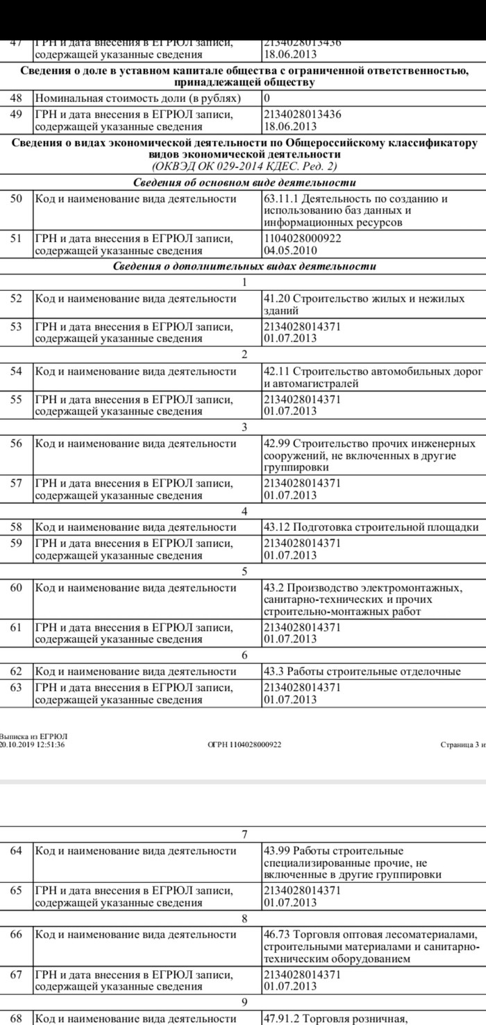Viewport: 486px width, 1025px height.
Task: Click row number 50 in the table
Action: (x=17, y=199)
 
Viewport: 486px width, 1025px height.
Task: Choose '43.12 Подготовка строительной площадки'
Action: (x=371, y=527)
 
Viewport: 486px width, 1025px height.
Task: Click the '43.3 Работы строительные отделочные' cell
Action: (x=362, y=671)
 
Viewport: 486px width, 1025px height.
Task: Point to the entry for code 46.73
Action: (x=371, y=947)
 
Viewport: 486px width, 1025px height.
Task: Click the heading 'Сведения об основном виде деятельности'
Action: (x=244, y=183)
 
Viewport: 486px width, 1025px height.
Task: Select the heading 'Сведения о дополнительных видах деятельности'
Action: (x=244, y=266)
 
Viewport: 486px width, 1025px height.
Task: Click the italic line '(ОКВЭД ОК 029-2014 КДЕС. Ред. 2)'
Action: (x=244, y=167)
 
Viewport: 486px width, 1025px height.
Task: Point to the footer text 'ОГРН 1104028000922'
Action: (x=244, y=745)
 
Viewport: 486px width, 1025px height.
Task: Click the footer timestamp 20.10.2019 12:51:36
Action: (x=32, y=745)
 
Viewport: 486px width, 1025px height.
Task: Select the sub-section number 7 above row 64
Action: (x=244, y=833)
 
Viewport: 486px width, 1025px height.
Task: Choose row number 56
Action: (x=17, y=443)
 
